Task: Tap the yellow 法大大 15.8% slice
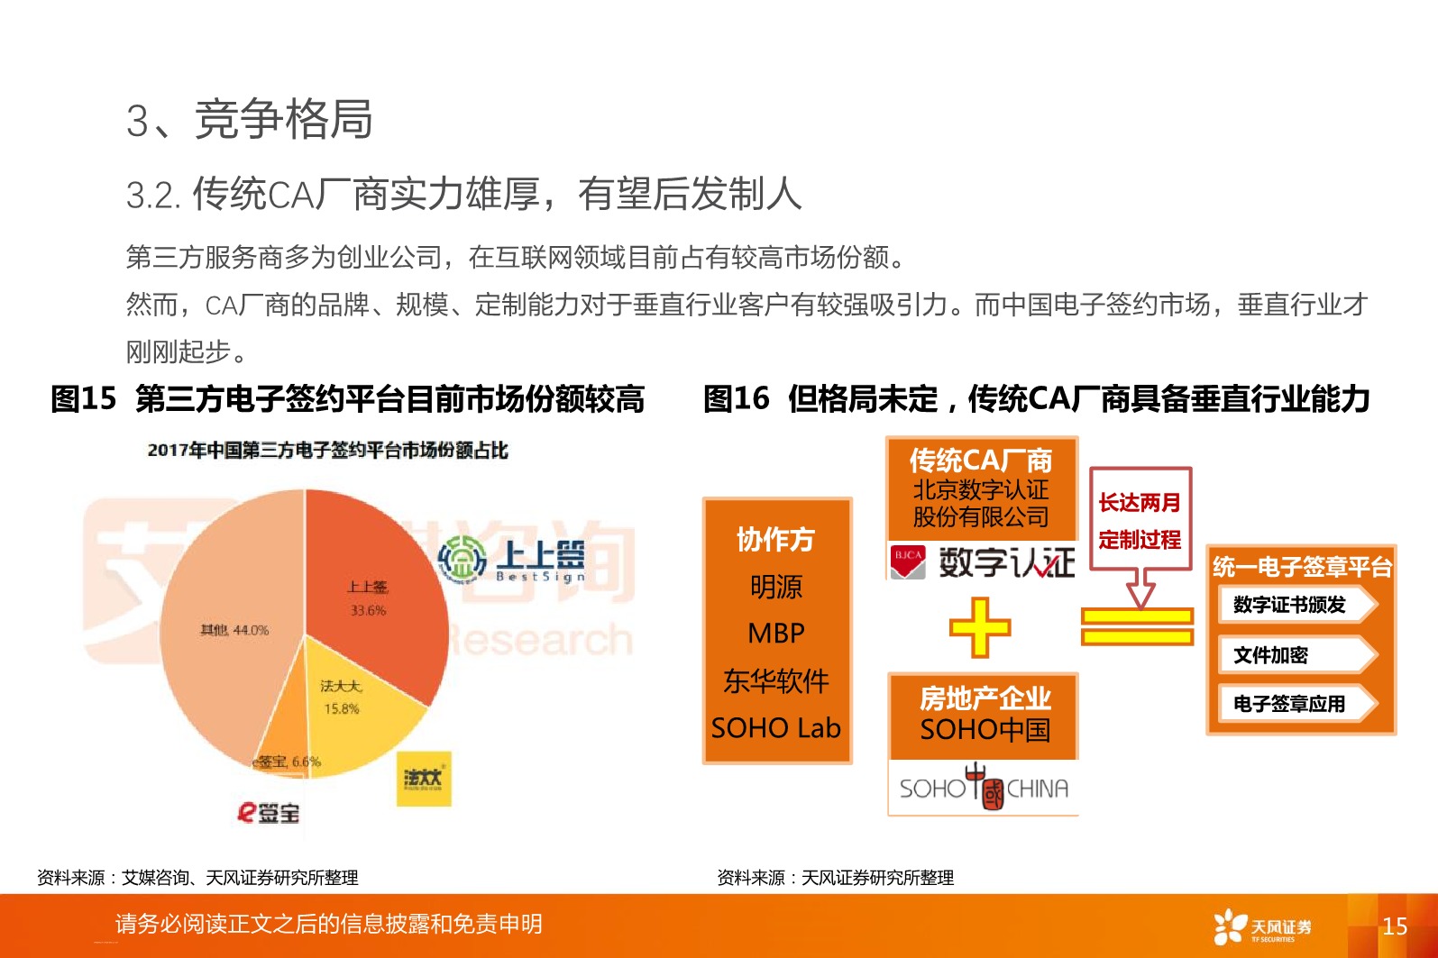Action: [x=361, y=712]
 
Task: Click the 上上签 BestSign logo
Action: [x=511, y=560]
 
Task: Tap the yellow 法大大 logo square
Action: [x=424, y=779]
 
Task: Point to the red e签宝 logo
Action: [x=268, y=812]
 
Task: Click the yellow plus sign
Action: [x=980, y=627]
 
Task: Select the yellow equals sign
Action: [x=1138, y=626]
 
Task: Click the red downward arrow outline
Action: [x=1141, y=588]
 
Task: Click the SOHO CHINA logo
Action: [x=984, y=789]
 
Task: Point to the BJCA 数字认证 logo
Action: [x=983, y=561]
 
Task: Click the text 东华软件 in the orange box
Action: [x=776, y=681]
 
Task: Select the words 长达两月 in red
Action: [x=1140, y=503]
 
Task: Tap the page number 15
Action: [x=1394, y=926]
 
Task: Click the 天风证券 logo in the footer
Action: [x=1262, y=926]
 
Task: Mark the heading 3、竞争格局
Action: [x=250, y=120]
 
